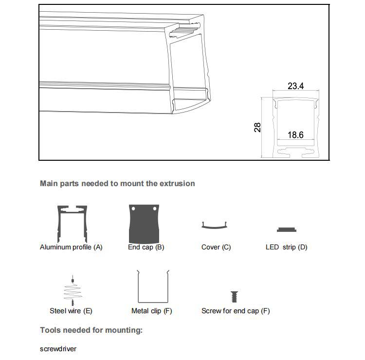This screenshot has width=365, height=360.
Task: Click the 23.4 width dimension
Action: pyautogui.click(x=295, y=86)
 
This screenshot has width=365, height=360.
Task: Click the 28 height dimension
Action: pyautogui.click(x=257, y=127)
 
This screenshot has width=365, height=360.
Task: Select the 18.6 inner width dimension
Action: pyautogui.click(x=295, y=134)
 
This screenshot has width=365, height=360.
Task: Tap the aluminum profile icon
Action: pyautogui.click(x=73, y=222)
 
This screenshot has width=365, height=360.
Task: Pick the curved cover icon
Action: pyautogui.click(x=215, y=226)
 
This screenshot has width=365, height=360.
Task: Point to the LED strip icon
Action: pyautogui.click(x=287, y=230)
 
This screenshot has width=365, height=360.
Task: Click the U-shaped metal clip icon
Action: pyautogui.click(x=152, y=287)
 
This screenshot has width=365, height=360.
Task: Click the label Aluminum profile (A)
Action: pyautogui.click(x=71, y=247)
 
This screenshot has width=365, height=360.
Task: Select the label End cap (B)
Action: pyautogui.click(x=146, y=247)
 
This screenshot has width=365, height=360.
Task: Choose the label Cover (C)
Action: pyautogui.click(x=216, y=247)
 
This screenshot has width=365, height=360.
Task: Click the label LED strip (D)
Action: pyautogui.click(x=286, y=247)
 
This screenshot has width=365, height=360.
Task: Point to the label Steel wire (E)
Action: pyautogui.click(x=71, y=311)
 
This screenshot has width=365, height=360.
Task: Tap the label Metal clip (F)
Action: pyautogui.click(x=151, y=311)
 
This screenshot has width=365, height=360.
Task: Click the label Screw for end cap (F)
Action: pyautogui.click(x=236, y=311)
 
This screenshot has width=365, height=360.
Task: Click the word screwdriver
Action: pyautogui.click(x=58, y=349)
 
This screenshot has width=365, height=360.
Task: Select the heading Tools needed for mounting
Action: pyautogui.click(x=91, y=330)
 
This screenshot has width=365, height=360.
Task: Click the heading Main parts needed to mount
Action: pyautogui.click(x=117, y=184)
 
